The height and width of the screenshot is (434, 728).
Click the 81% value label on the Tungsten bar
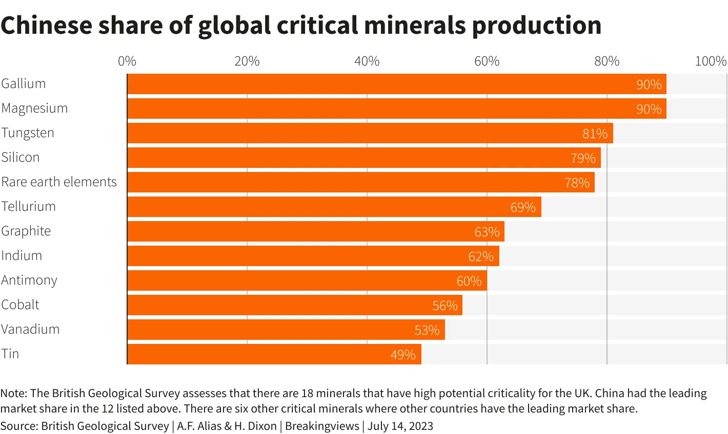point(595,134)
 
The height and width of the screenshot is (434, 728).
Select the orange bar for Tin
point(274,354)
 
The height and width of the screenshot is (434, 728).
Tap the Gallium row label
point(24,83)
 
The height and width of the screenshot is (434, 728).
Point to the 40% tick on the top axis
point(367,61)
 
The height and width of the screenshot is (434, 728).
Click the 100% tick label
point(711,61)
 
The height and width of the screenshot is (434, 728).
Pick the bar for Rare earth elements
point(361,182)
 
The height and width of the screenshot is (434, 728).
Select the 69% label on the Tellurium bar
point(523,207)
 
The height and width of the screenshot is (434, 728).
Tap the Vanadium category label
point(30,329)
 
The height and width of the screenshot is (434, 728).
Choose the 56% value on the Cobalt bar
point(444,306)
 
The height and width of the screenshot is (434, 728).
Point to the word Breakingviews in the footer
point(322,426)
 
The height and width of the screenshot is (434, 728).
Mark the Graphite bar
point(316,231)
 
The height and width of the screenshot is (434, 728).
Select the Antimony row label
point(29,280)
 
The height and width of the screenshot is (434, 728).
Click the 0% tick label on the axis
point(127,61)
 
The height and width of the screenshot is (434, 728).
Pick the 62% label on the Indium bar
point(481,256)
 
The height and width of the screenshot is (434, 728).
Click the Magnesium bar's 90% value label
point(649,109)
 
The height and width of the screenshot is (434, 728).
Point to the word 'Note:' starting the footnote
point(14,393)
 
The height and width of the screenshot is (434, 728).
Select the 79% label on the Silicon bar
point(583,158)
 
